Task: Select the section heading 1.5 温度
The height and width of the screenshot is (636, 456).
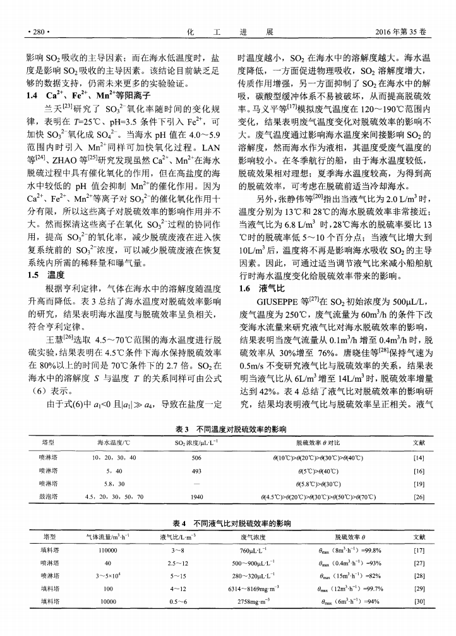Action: tap(47, 275)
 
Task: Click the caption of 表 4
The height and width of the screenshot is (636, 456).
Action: tap(227, 524)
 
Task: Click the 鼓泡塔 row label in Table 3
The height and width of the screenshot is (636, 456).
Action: tap(49, 497)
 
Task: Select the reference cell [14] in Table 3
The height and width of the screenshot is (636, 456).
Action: tap(417, 455)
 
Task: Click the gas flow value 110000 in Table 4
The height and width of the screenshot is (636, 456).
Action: tap(108, 551)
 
